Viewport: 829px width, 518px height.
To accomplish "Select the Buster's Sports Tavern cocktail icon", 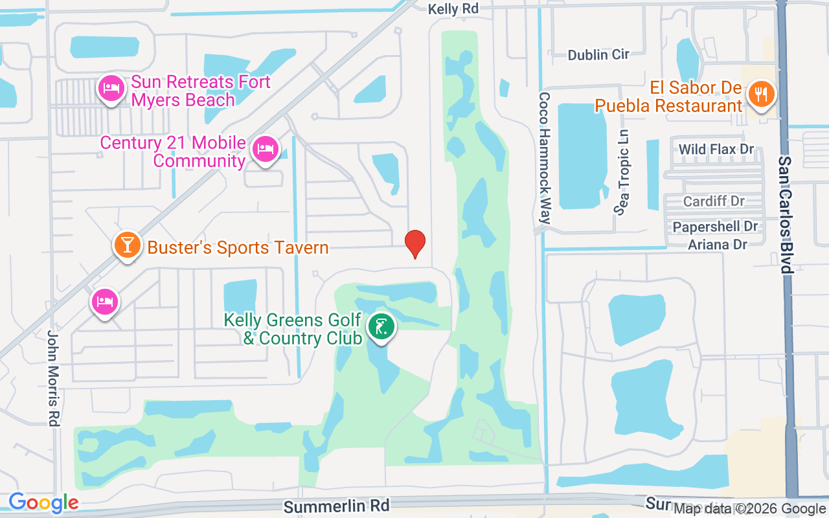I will [x=128, y=245].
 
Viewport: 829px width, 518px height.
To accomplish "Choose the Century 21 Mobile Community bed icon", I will [x=264, y=148].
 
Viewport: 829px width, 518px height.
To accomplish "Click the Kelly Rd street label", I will [x=453, y=9].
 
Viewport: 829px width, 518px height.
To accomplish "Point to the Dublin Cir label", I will [x=598, y=54].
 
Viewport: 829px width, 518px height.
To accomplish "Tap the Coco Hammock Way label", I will [x=545, y=157].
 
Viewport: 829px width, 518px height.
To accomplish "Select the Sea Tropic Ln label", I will [x=623, y=172].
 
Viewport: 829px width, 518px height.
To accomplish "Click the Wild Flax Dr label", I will [x=716, y=150].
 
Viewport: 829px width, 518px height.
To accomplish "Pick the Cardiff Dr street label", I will [x=714, y=201].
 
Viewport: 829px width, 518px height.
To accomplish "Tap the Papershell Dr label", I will [x=715, y=227].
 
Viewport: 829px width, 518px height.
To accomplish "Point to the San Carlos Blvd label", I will [x=786, y=214].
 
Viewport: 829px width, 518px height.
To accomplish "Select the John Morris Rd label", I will [x=53, y=377].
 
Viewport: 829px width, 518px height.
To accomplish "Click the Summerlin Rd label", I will [x=337, y=505].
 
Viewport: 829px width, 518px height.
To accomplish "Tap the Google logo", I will [x=43, y=502].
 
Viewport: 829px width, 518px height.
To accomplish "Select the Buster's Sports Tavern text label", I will [x=238, y=247].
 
